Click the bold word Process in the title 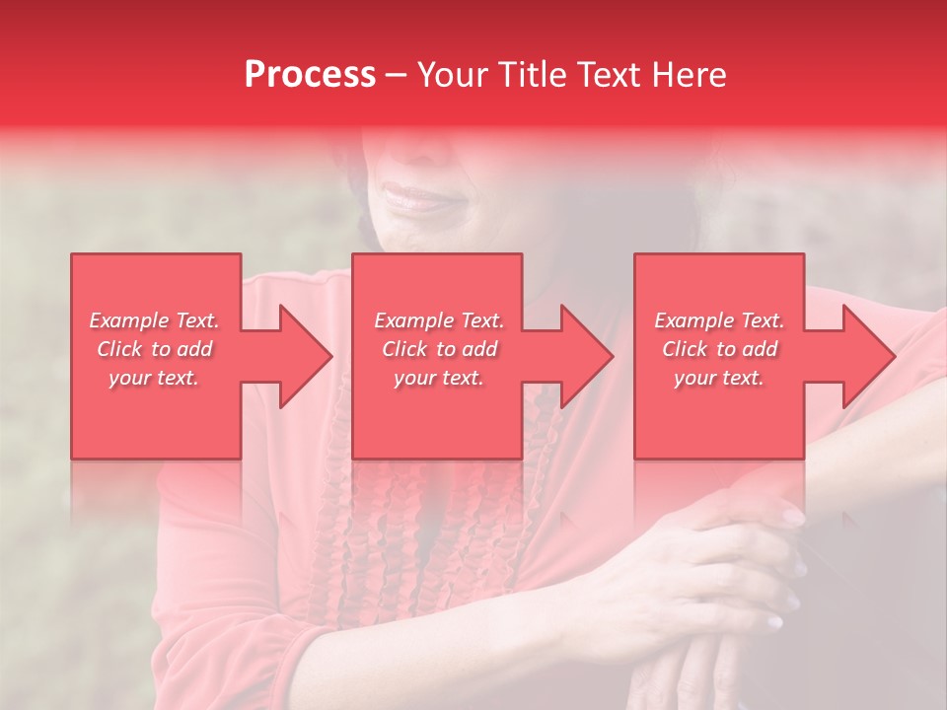[x=310, y=75]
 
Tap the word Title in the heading [x=532, y=75]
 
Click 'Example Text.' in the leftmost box [x=154, y=320]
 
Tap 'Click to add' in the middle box [x=439, y=349]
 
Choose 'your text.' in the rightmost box [x=719, y=378]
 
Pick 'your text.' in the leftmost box [x=154, y=378]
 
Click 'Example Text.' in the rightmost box [x=719, y=320]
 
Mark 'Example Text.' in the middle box [x=439, y=320]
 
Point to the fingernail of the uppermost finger [x=792, y=515]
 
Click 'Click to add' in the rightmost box [x=719, y=349]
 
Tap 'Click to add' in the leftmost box [x=154, y=349]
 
